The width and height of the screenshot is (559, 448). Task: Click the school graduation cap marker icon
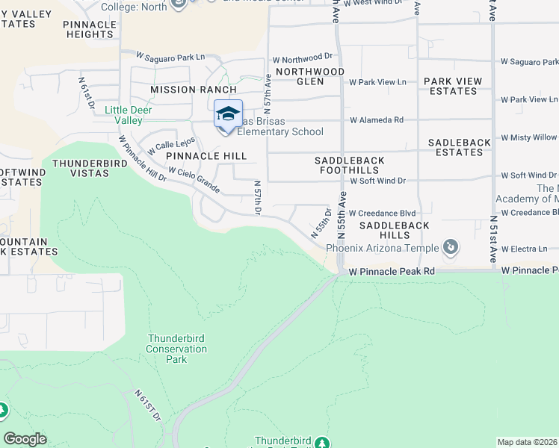(x=228, y=114)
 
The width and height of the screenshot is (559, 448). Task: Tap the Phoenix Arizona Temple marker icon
(x=450, y=247)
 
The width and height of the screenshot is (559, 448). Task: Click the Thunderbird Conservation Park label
(x=176, y=349)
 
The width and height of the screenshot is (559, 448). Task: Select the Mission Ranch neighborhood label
(x=183, y=90)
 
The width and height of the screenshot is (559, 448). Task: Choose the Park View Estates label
(x=450, y=86)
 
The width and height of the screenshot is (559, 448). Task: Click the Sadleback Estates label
(x=456, y=147)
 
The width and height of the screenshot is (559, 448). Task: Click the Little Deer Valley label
(x=129, y=115)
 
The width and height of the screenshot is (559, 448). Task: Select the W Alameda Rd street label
(x=377, y=119)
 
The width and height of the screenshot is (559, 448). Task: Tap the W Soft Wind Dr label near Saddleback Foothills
(x=377, y=181)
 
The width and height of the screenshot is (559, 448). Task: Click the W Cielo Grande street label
(x=194, y=180)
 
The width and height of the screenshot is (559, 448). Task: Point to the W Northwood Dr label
(x=302, y=57)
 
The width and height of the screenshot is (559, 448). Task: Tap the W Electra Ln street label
(x=525, y=249)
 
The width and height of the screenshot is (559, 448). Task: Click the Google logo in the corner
(x=25, y=439)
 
